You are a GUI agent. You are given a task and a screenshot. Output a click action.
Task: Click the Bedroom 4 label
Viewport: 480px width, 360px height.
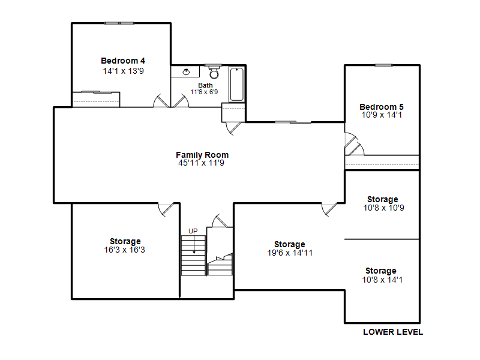point(123,61)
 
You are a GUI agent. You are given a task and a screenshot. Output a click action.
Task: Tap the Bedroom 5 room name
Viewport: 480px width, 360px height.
point(382,107)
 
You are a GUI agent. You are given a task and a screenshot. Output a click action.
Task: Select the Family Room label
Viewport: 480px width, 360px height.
point(202,155)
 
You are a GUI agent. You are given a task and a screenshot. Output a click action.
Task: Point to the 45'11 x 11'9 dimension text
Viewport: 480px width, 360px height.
point(201,163)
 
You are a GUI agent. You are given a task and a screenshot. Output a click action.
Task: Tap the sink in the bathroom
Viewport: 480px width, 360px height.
point(186,72)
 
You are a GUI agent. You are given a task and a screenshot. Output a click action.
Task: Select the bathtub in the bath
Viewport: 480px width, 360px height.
point(236,84)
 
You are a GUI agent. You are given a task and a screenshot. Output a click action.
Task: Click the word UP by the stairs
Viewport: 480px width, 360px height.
point(193,231)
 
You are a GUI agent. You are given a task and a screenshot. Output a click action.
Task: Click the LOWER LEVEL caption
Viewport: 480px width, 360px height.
point(393,332)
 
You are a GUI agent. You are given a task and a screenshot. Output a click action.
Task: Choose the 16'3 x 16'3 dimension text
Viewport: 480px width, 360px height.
point(124,250)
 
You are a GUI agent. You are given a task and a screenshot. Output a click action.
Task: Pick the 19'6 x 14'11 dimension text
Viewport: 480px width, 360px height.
point(290,253)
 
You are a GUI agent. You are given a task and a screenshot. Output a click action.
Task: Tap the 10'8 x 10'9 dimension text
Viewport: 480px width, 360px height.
point(383,208)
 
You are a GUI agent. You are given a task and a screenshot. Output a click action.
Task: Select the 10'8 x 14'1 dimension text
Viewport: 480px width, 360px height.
point(382,280)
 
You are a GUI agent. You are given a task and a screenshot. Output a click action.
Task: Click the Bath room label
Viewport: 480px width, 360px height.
point(205,85)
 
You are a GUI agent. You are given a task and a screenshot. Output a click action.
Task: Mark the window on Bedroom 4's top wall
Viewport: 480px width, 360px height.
point(119,23)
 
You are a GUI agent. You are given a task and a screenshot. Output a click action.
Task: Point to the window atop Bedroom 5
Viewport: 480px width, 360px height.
point(383,65)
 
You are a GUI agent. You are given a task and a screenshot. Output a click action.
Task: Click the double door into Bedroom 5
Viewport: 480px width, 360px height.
point(354,144)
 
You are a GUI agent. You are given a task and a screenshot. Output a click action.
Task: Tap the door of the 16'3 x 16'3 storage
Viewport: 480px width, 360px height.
point(166,209)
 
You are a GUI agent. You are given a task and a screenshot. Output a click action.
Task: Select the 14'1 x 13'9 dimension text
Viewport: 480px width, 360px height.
point(123,71)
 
